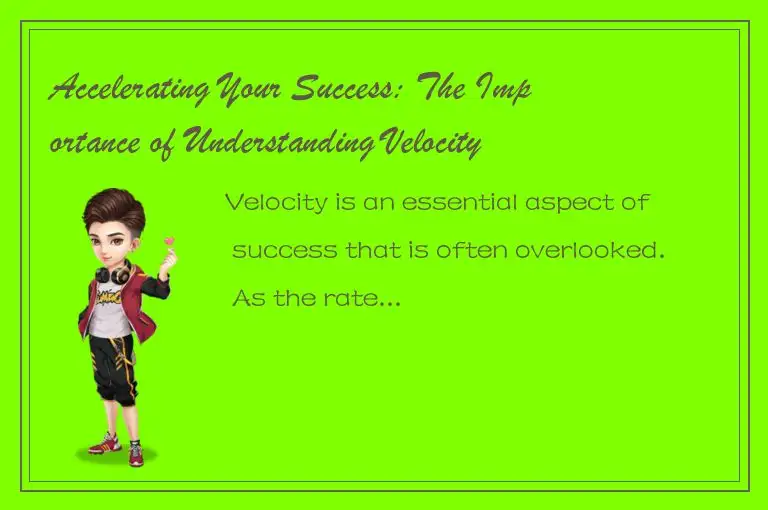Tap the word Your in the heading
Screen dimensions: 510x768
coord(243,93)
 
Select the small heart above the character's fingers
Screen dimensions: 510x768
coord(170,241)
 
